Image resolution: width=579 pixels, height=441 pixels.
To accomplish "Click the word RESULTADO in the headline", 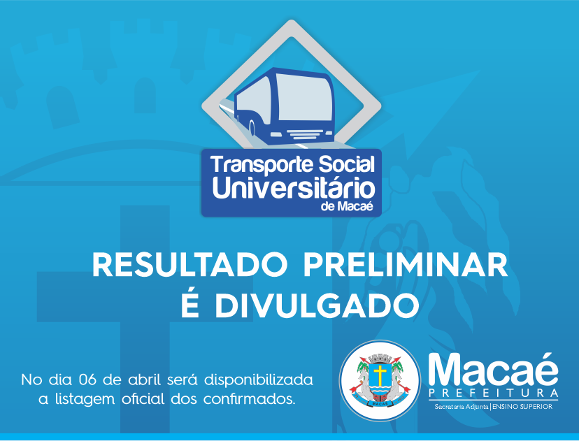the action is (x=190, y=265).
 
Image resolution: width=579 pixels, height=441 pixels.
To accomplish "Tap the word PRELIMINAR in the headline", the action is (x=406, y=265).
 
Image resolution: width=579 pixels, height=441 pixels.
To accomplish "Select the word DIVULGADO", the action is (x=317, y=305).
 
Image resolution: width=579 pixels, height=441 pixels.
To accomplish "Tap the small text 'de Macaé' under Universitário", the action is (x=347, y=206).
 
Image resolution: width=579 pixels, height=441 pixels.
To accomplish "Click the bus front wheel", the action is (x=252, y=128).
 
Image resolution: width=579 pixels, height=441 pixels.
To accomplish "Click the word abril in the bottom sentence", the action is (x=144, y=379).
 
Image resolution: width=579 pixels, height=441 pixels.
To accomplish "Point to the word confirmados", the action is (x=249, y=399).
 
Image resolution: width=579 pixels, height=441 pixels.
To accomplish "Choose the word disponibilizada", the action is (x=259, y=379).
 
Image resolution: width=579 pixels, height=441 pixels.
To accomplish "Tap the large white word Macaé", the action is (x=493, y=370).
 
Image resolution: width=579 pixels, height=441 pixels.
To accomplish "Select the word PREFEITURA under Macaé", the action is (x=493, y=393).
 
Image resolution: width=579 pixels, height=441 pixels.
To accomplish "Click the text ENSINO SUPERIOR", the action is (x=522, y=407).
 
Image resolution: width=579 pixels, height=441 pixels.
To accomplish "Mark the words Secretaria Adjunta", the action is (x=462, y=407).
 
